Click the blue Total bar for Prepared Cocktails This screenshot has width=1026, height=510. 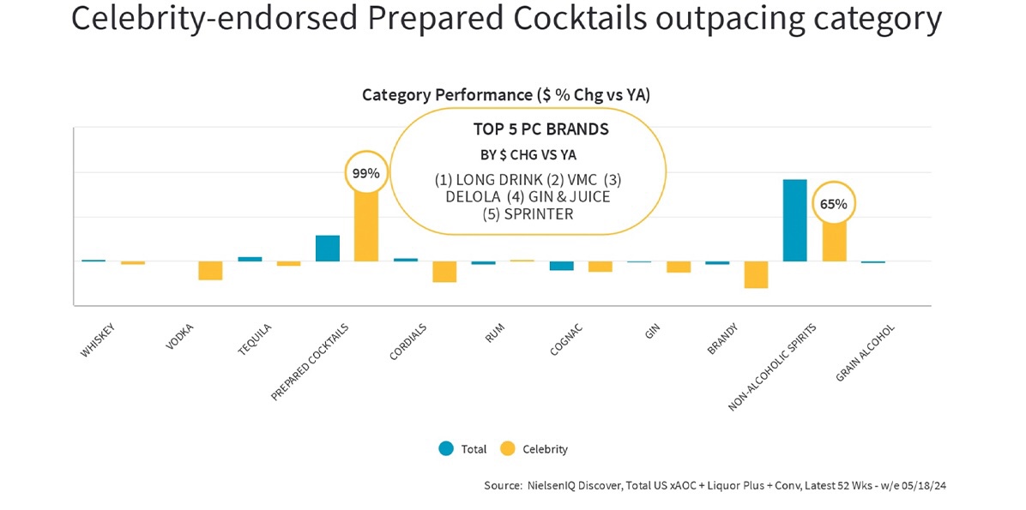327,249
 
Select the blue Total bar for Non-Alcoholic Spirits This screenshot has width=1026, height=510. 795,220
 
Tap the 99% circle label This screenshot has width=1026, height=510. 365,173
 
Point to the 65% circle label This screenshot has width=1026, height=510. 834,203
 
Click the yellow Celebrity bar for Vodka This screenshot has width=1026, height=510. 211,271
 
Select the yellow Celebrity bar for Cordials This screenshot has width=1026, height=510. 444,272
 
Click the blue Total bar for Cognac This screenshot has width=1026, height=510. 561,266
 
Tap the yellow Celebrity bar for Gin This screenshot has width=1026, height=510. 679,267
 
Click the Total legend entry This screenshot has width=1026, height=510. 463,449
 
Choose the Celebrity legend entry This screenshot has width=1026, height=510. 534,449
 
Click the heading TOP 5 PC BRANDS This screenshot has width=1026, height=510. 540,129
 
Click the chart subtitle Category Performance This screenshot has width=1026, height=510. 448,95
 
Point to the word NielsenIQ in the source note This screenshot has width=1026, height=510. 556,486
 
